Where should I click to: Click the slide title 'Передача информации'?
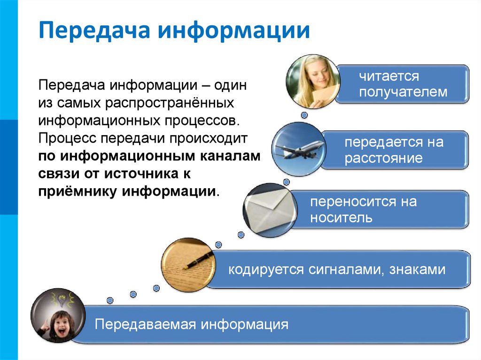click(174, 31)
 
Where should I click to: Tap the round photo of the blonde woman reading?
click(312, 81)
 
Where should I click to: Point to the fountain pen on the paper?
click(198, 262)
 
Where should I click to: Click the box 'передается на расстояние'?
click(394, 150)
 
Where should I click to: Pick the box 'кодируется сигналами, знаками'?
click(336, 270)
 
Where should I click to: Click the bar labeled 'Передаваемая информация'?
click(272, 324)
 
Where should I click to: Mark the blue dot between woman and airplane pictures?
click(304, 115)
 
